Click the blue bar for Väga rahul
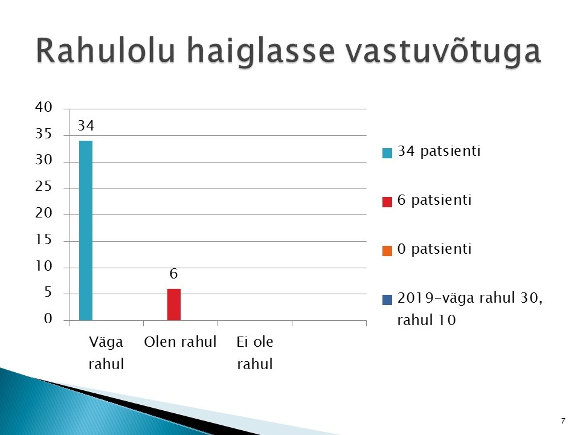point(86,230)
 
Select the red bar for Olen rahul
point(174,304)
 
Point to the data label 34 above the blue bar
point(86,126)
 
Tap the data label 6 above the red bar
point(173,274)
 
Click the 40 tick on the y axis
point(43,108)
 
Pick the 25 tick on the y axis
point(43,187)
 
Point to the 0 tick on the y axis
point(48,318)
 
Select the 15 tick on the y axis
point(43,239)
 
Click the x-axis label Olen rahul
point(180,342)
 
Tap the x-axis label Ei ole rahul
point(255,353)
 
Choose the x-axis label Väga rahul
point(106,353)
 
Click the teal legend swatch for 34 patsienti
point(387,153)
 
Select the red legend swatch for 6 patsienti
point(387,202)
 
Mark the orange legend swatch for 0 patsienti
point(387,251)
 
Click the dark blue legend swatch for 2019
point(387,300)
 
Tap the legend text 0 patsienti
point(434,250)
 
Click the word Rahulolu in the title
point(105,50)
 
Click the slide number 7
point(563,421)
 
